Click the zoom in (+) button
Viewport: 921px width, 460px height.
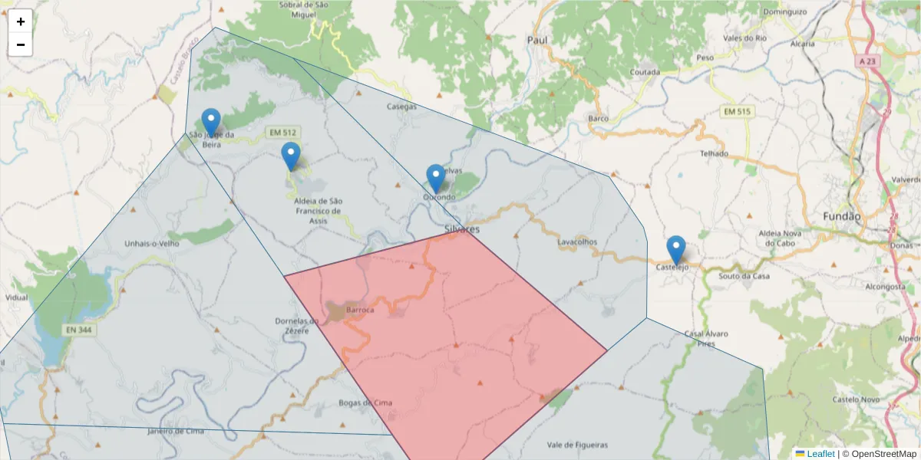click(x=21, y=21)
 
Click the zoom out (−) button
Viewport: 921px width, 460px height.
click(x=21, y=44)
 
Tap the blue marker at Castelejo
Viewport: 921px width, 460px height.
click(x=675, y=250)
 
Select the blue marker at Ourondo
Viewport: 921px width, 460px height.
click(x=435, y=179)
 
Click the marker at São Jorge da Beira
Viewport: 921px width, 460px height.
click(x=211, y=123)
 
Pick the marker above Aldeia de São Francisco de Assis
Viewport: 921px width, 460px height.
click(x=291, y=156)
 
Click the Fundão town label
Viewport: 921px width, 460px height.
click(x=842, y=216)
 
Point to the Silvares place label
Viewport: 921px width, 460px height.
click(x=462, y=229)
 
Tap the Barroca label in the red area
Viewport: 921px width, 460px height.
click(x=360, y=310)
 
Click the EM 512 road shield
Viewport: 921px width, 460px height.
click(x=282, y=133)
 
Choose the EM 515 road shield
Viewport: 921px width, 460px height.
click(x=738, y=112)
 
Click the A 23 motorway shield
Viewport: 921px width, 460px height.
click(x=868, y=61)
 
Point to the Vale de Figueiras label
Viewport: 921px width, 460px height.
click(x=577, y=445)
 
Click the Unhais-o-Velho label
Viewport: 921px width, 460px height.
click(x=151, y=244)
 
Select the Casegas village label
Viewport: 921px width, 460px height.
click(x=402, y=107)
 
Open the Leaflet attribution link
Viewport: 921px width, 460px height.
click(x=820, y=454)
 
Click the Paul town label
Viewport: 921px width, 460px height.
click(x=538, y=40)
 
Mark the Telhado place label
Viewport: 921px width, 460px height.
click(x=714, y=153)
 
